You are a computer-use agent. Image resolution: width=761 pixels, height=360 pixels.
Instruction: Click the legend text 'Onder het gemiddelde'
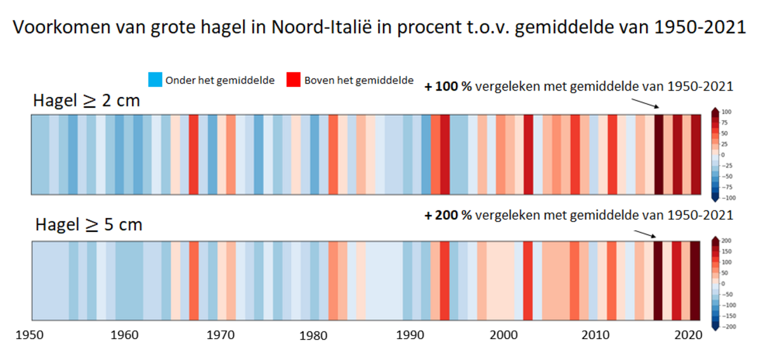point(219,80)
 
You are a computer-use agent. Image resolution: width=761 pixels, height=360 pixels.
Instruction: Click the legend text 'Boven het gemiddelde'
point(359,80)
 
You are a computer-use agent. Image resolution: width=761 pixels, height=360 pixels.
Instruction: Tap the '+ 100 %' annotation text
point(448,87)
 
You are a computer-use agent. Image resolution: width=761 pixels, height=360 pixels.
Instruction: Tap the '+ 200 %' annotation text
point(448,215)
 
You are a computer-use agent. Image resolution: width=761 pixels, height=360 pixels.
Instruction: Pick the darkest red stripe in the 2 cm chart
point(659,155)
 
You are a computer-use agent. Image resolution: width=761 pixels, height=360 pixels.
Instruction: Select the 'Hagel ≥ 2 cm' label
point(88,101)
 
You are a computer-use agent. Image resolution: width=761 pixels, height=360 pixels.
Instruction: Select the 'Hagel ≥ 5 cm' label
point(89,224)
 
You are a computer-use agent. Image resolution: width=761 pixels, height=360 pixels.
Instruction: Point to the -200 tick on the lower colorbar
point(727,326)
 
